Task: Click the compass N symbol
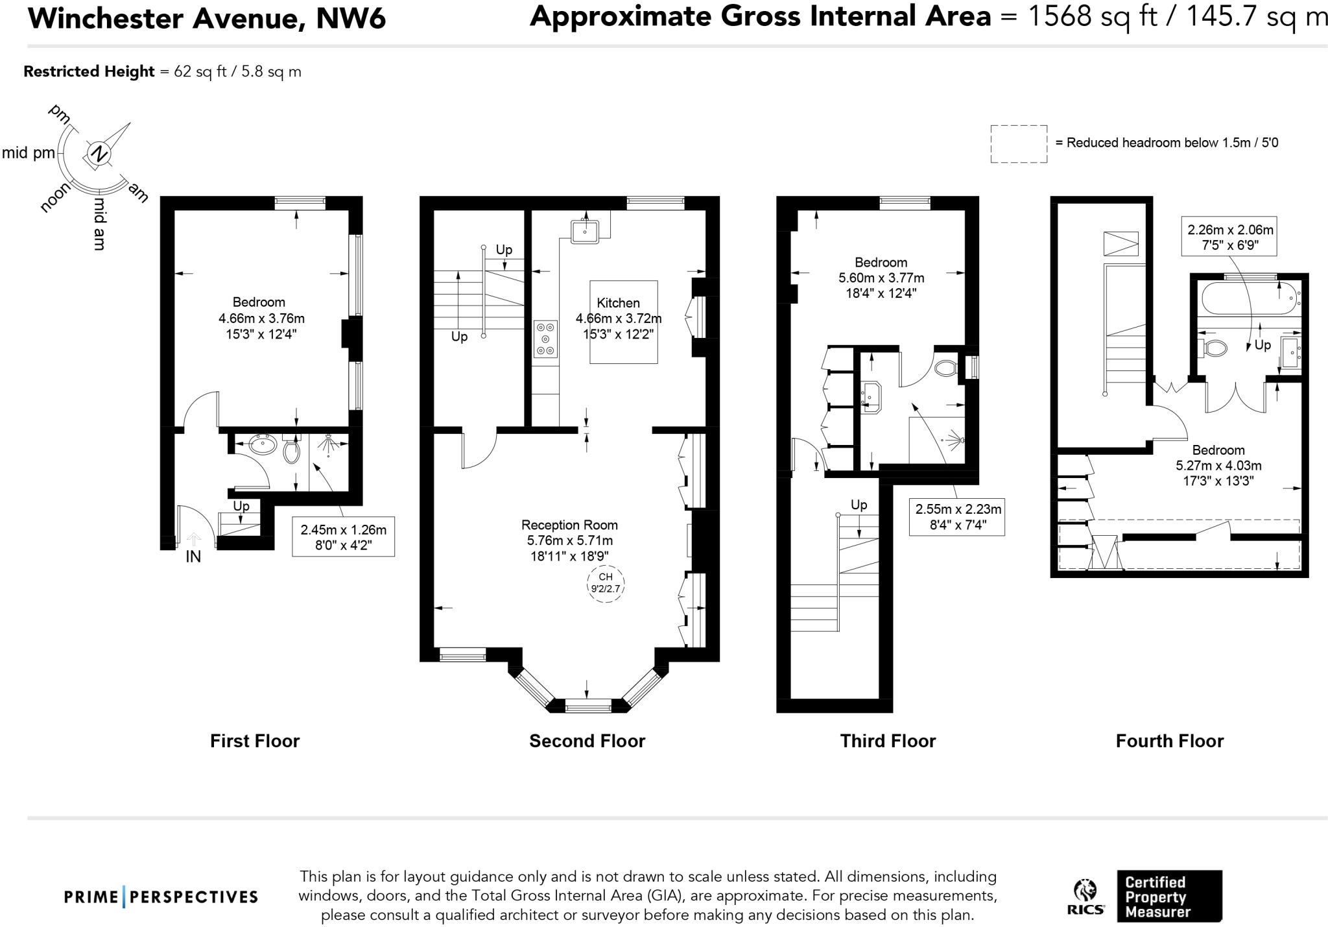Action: [99, 154]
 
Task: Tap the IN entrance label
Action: [193, 557]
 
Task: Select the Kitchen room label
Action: [618, 303]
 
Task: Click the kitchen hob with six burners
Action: [545, 339]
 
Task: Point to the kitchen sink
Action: [585, 230]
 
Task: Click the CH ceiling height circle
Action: [605, 583]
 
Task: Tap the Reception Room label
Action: [569, 525]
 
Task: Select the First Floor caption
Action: [254, 741]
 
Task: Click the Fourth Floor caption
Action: [1169, 741]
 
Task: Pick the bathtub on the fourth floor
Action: [1249, 298]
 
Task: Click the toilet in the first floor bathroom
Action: [291, 450]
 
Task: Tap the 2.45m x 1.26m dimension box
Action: [343, 536]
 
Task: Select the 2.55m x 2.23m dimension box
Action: [957, 516]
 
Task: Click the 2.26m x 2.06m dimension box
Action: [1229, 237]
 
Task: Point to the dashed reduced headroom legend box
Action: [1018, 144]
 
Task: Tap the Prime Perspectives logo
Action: [161, 897]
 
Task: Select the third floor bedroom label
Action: [881, 263]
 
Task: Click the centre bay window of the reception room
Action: [588, 706]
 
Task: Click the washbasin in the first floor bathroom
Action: [263, 446]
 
